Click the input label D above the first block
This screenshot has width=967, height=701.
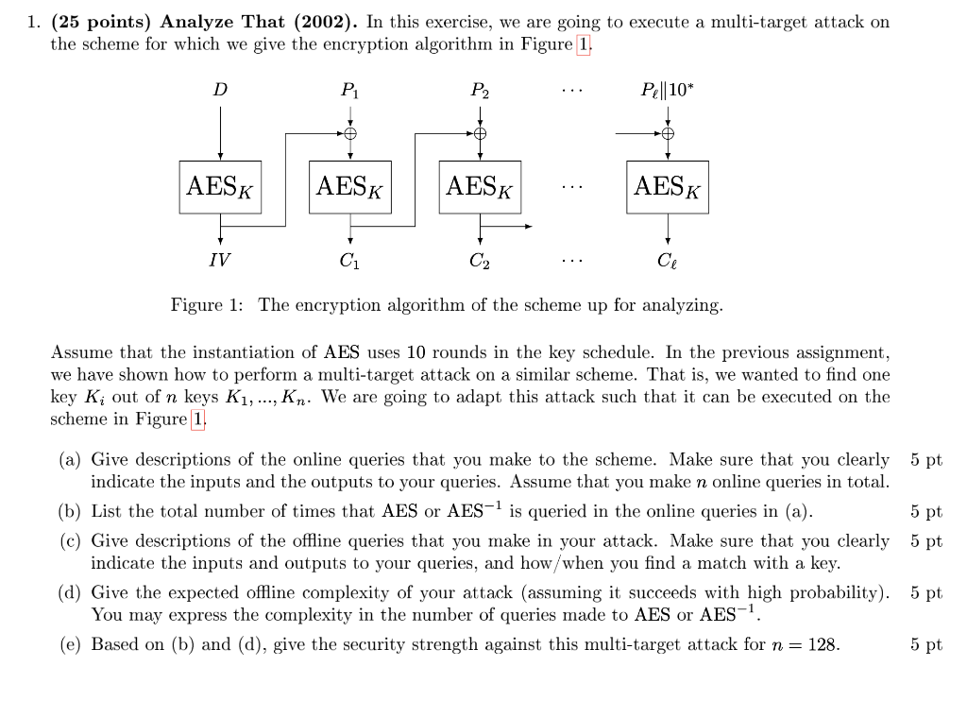click(x=220, y=90)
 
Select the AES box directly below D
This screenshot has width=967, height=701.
click(x=220, y=187)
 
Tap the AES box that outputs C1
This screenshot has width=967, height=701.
click(x=350, y=187)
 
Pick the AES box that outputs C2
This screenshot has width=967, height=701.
click(x=480, y=187)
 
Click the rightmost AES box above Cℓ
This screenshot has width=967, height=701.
click(x=668, y=187)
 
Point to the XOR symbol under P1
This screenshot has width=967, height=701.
click(x=350, y=133)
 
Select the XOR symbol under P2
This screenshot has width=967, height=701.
click(x=480, y=133)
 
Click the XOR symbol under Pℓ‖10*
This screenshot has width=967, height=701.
click(x=668, y=133)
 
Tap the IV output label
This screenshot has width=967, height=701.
click(x=219, y=259)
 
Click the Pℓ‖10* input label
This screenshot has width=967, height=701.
click(x=667, y=90)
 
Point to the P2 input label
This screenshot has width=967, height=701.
click(x=480, y=91)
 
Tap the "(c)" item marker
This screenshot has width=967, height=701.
click(x=69, y=541)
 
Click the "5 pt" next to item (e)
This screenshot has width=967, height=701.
click(x=926, y=645)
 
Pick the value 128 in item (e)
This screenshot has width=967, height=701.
click(x=822, y=645)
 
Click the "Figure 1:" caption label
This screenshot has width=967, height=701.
click(x=207, y=305)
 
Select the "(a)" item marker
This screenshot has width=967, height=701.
click(x=69, y=460)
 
